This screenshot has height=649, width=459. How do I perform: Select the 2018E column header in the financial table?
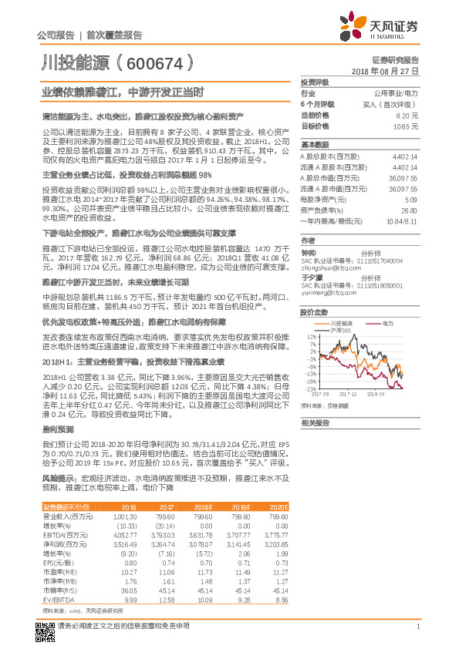tap(204, 506)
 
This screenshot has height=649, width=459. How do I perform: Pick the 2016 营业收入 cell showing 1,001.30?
tap(124, 516)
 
